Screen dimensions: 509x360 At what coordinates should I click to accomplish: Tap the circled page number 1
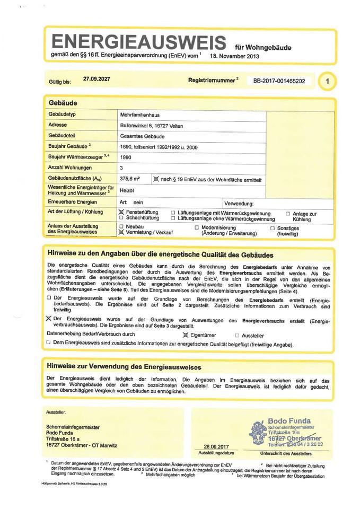click(329, 81)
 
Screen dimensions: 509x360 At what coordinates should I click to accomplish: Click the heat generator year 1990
click(126, 157)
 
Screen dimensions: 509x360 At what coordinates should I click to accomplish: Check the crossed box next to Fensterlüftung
click(121, 212)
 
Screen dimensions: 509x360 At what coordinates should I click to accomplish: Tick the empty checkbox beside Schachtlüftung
click(121, 217)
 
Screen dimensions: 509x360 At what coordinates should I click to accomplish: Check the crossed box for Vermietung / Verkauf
click(121, 233)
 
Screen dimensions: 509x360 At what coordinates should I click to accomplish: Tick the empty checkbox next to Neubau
click(121, 226)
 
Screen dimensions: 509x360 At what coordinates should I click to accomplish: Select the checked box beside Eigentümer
click(185, 335)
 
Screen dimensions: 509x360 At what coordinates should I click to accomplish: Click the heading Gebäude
click(63, 102)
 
